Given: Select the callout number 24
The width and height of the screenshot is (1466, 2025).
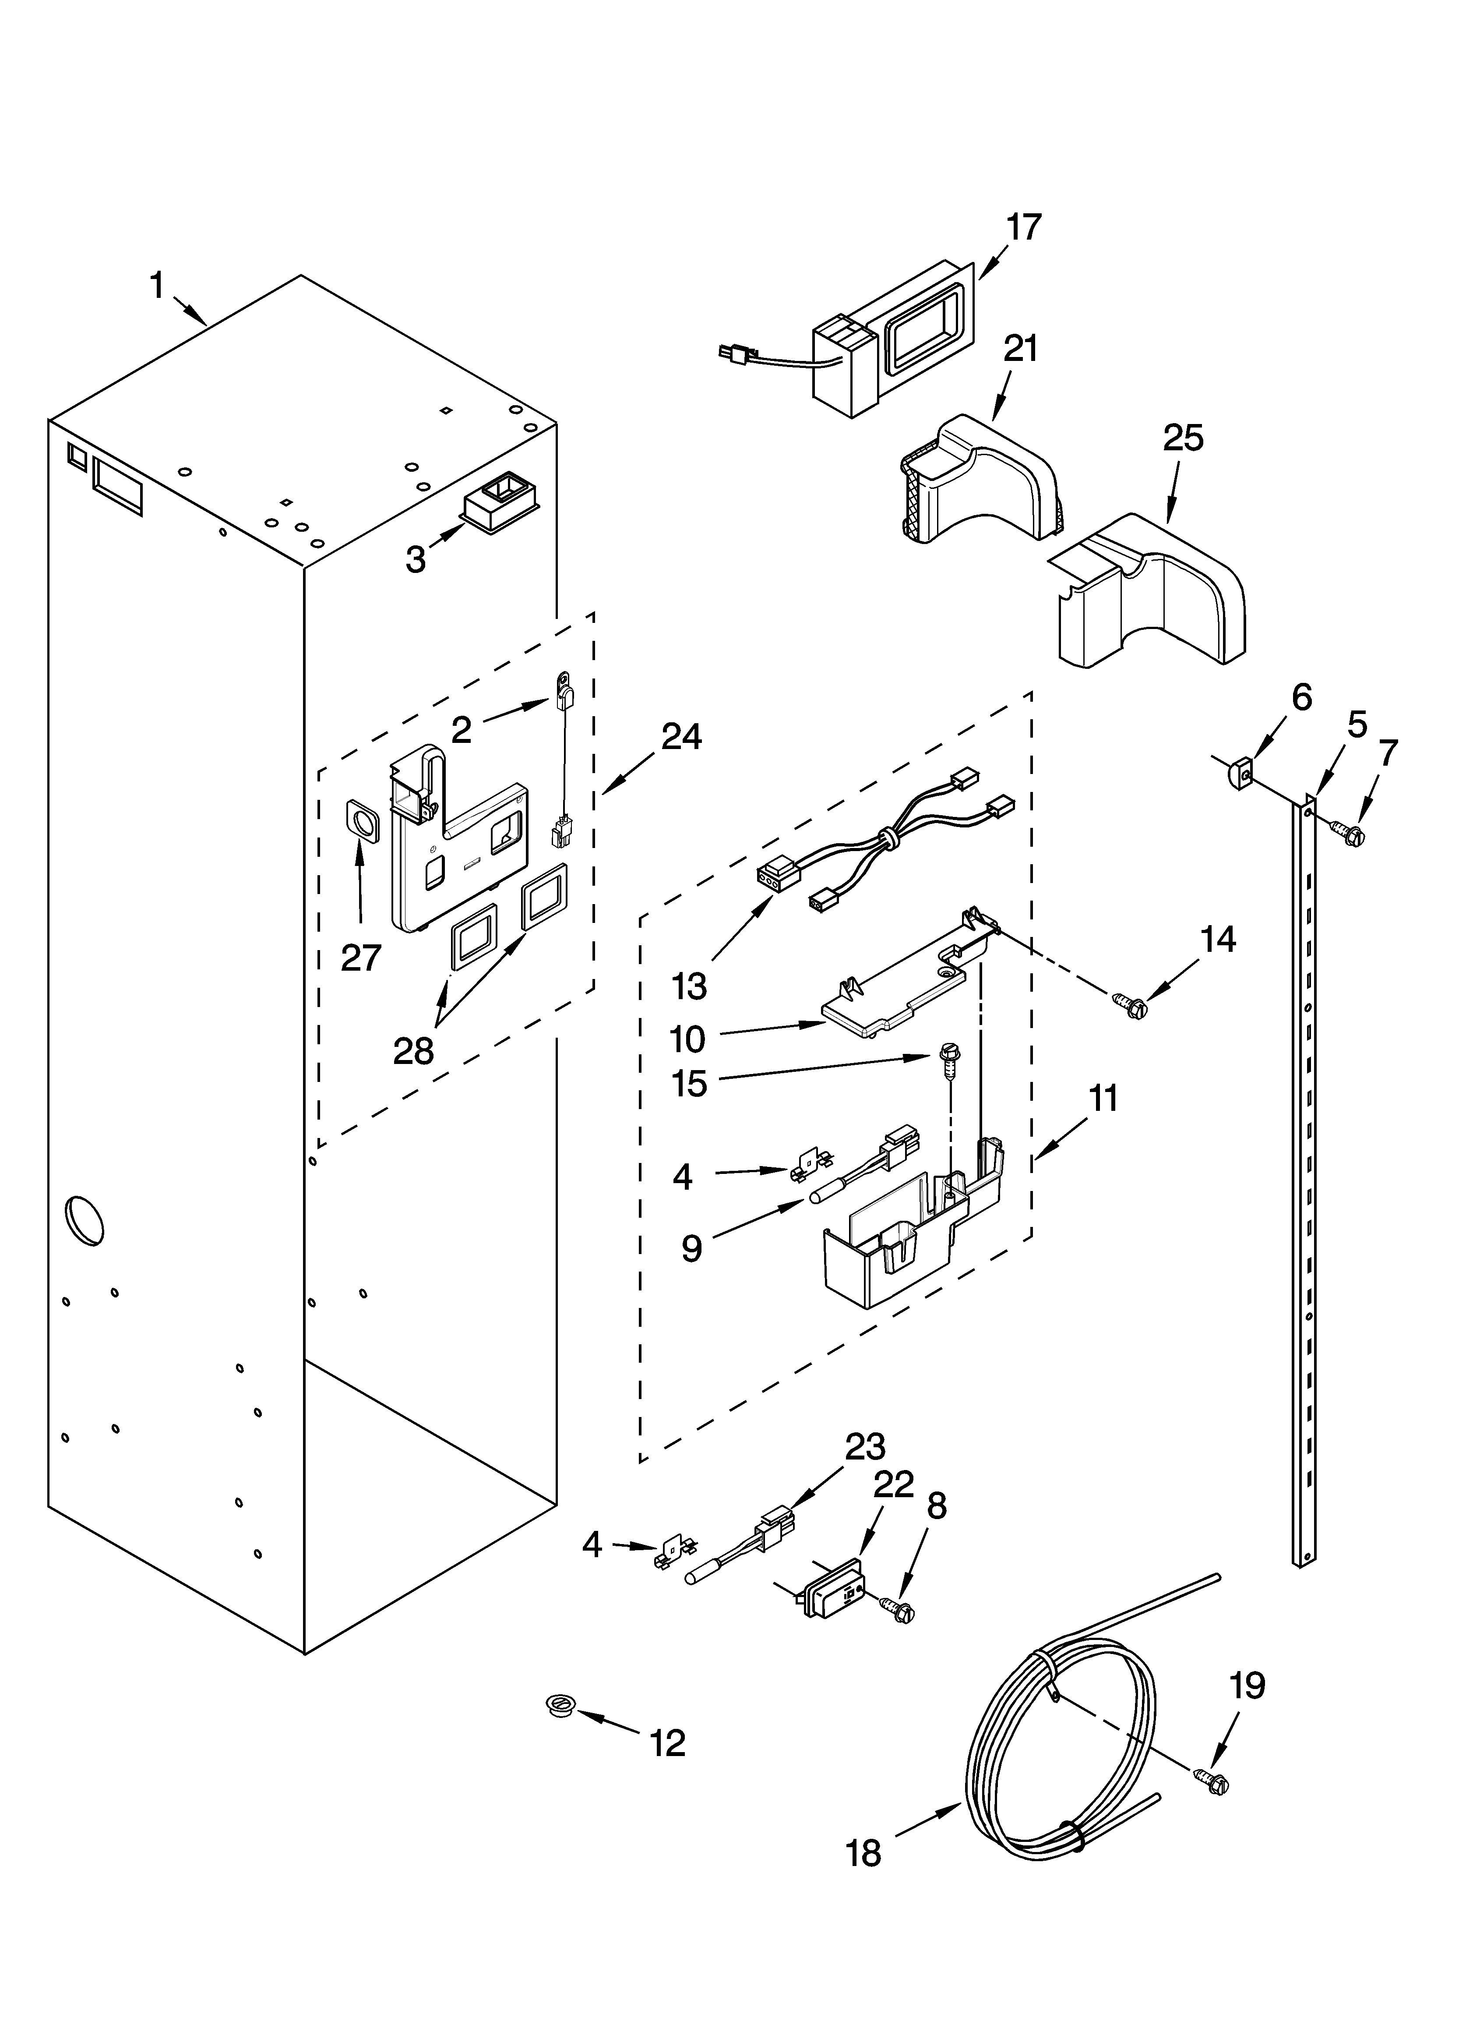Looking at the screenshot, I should coord(681,737).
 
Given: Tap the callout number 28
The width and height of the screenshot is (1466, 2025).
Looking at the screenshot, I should coord(413,1051).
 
